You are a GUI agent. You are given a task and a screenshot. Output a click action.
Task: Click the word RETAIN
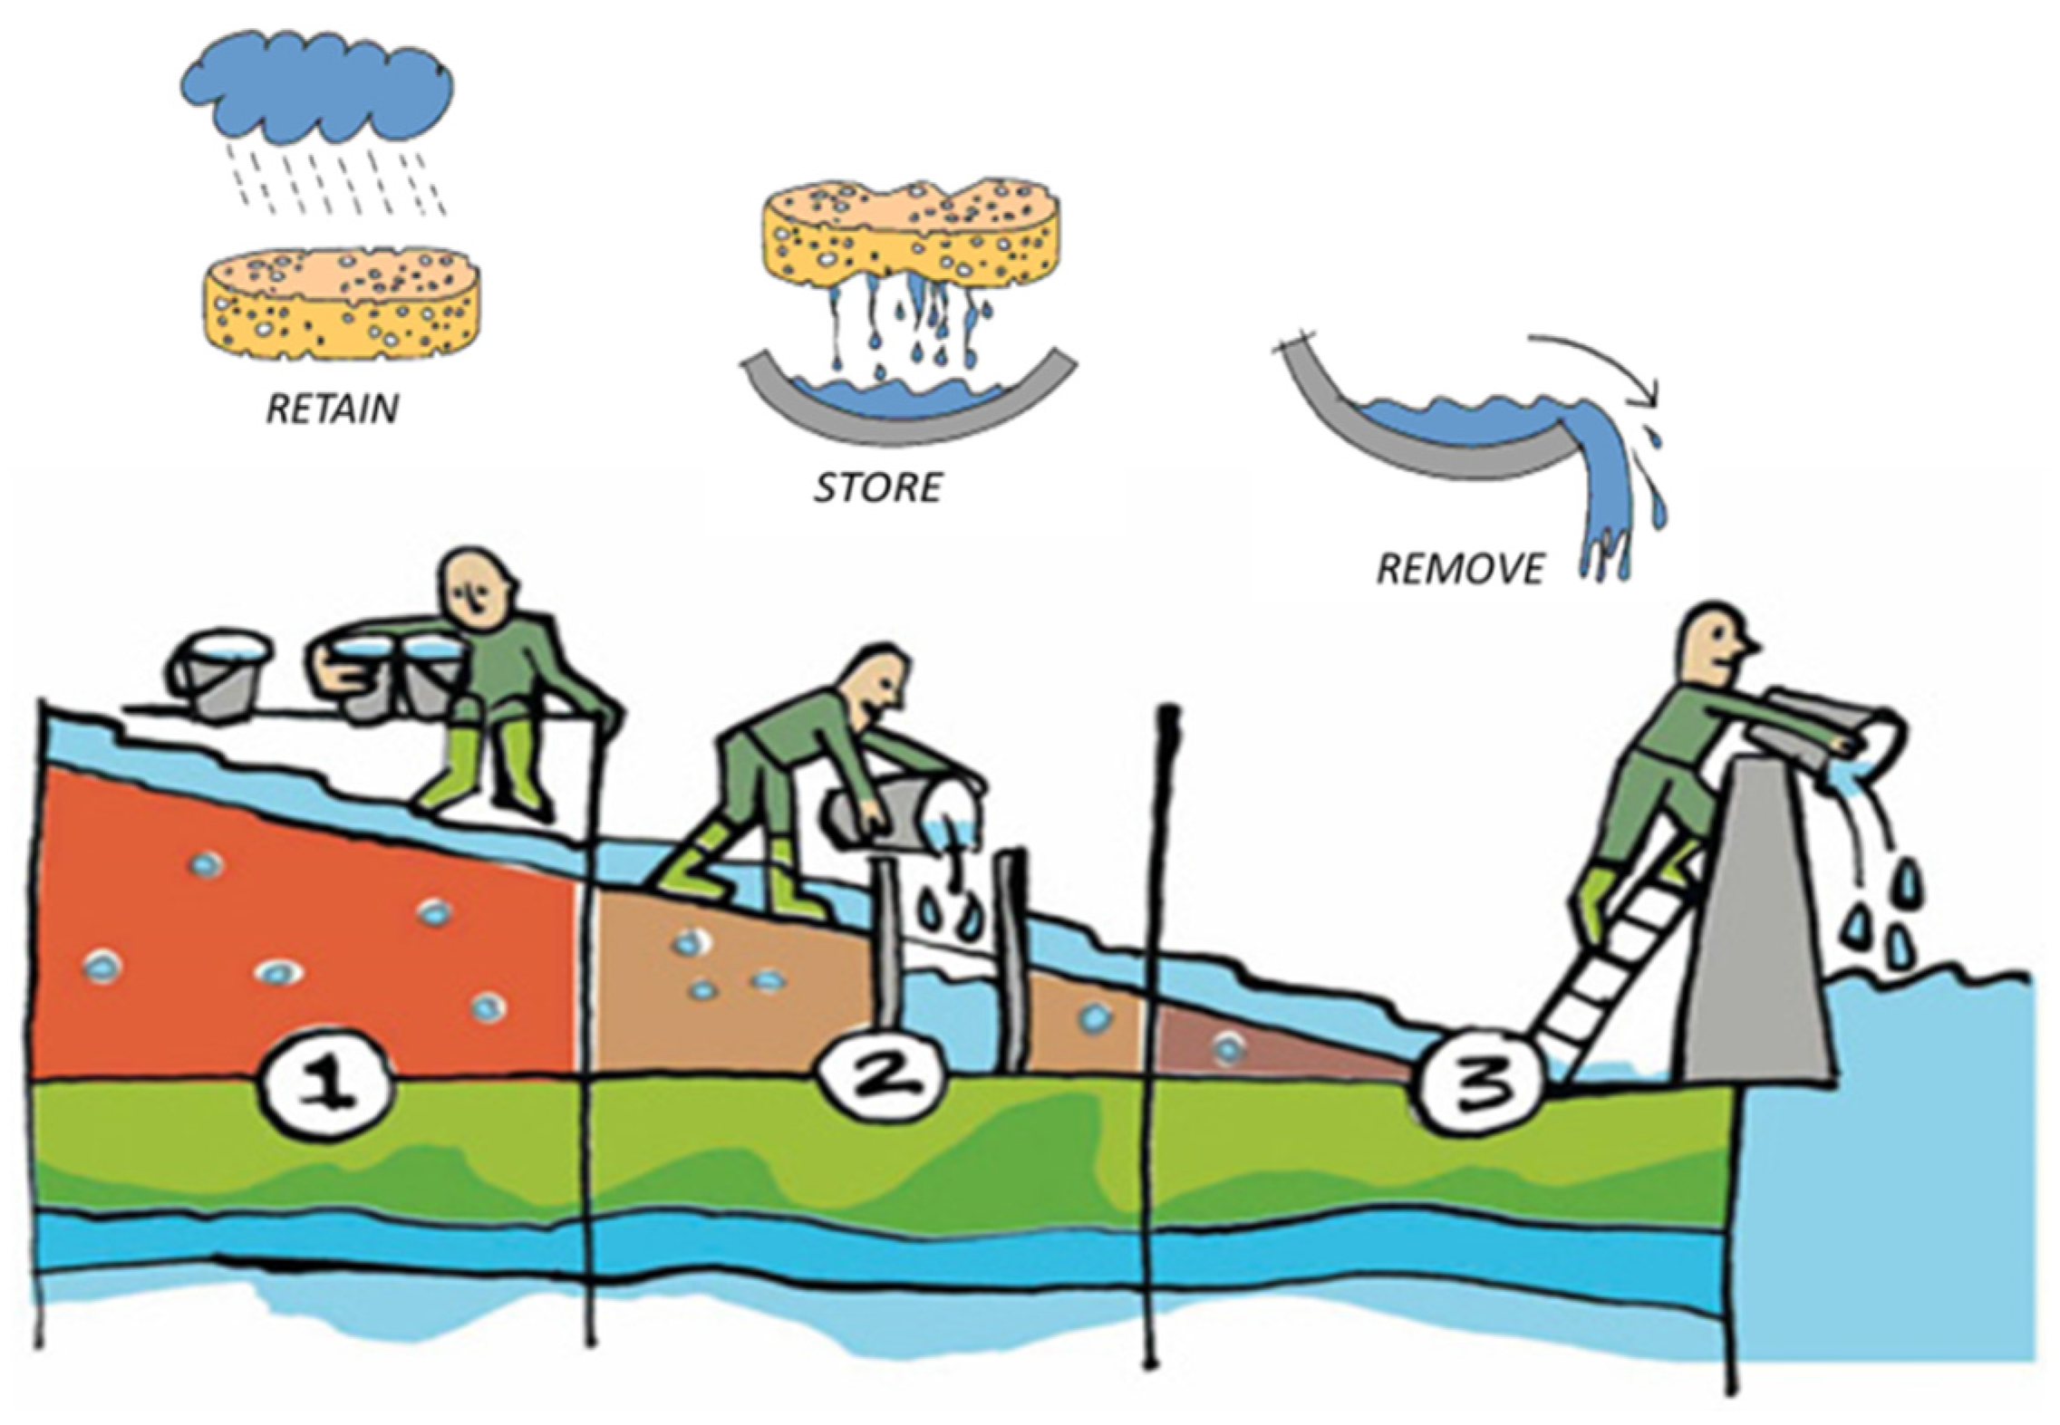coord(332,409)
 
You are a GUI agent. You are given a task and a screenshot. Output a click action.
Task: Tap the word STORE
coord(877,488)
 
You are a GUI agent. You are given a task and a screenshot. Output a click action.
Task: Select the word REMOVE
coord(1459,569)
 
